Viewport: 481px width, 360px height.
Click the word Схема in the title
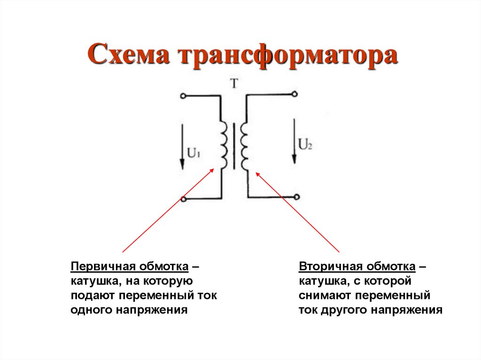click(x=127, y=55)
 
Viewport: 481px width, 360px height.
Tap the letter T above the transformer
click(x=234, y=84)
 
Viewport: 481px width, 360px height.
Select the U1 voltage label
click(x=194, y=153)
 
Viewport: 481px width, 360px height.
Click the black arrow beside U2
click(x=295, y=139)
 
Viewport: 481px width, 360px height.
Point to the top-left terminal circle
click(x=183, y=96)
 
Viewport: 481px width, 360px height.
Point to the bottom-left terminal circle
click(x=184, y=199)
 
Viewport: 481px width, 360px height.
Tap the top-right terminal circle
click(x=295, y=94)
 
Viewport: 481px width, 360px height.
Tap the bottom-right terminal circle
click(x=295, y=197)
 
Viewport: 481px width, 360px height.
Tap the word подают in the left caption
click(x=92, y=296)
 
